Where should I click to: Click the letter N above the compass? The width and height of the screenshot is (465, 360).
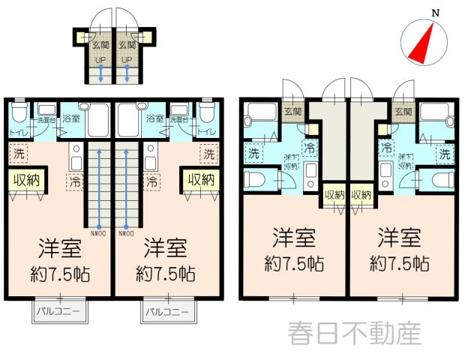point(435,11)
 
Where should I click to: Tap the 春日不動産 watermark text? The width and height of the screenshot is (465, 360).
point(355,333)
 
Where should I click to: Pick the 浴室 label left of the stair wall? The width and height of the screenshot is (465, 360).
point(71,118)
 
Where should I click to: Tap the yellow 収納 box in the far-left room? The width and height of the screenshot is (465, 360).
point(25,180)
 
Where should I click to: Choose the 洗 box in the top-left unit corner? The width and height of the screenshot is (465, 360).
point(17,154)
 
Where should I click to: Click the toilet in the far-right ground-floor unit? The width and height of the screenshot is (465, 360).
point(437,178)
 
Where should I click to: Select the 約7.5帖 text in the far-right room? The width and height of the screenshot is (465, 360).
point(399,264)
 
